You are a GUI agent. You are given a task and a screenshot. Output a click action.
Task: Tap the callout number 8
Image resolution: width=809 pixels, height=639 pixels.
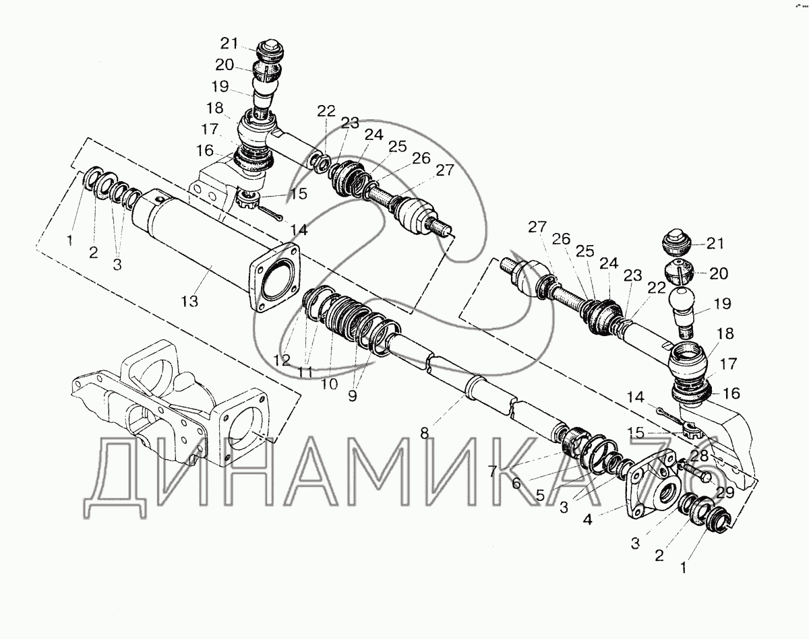click(424, 433)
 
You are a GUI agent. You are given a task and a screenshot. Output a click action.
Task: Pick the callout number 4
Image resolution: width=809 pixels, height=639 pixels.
click(588, 520)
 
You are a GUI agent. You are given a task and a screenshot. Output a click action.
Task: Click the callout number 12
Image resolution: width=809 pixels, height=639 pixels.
click(282, 360)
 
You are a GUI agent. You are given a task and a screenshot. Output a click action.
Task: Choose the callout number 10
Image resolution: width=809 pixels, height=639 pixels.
click(329, 384)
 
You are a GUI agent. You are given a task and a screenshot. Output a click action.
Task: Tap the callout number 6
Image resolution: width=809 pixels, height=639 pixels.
click(516, 483)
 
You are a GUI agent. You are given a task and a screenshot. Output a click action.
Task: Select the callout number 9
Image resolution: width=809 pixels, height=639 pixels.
click(352, 396)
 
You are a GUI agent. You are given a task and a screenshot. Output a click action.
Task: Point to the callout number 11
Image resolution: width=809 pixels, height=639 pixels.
click(305, 372)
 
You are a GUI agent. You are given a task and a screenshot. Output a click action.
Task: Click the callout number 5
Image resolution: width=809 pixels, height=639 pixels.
click(540, 496)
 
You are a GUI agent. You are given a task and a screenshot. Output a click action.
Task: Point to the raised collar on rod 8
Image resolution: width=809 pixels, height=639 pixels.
click(473, 386)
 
